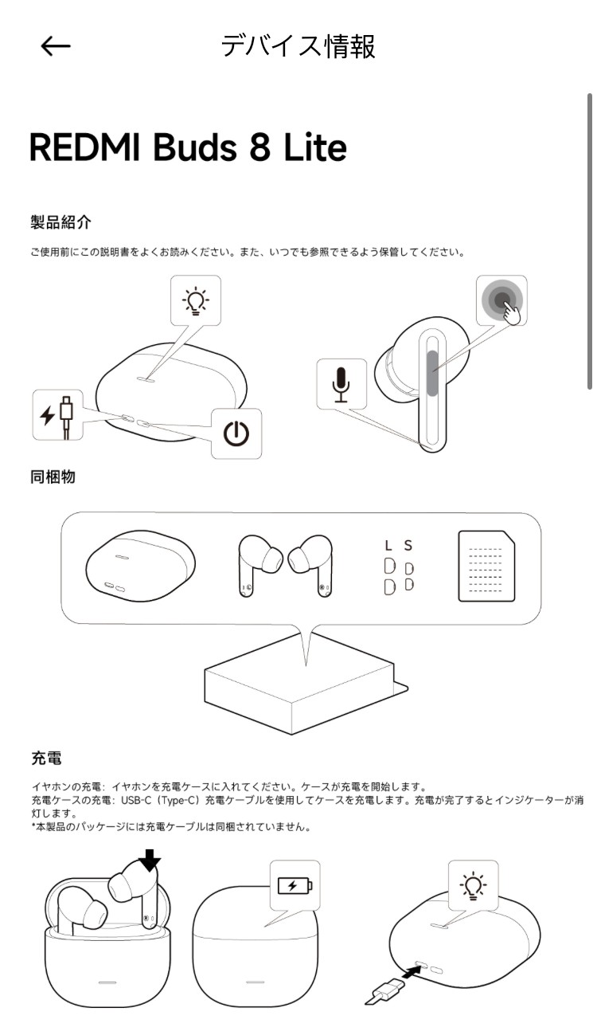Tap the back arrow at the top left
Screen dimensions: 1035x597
(56, 46)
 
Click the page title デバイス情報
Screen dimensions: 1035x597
(298, 46)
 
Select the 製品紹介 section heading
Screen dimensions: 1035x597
(56, 222)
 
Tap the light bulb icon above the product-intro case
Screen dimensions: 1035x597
(196, 301)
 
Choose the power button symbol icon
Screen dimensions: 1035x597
(236, 433)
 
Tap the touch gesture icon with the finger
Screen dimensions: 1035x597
(502, 301)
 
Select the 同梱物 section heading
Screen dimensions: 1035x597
(53, 477)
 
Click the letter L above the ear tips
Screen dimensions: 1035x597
(388, 546)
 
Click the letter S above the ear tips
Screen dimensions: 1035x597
(408, 546)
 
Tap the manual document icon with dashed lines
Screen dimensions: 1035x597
(486, 567)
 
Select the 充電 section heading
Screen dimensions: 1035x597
(46, 757)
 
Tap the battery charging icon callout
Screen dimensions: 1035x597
(295, 885)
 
